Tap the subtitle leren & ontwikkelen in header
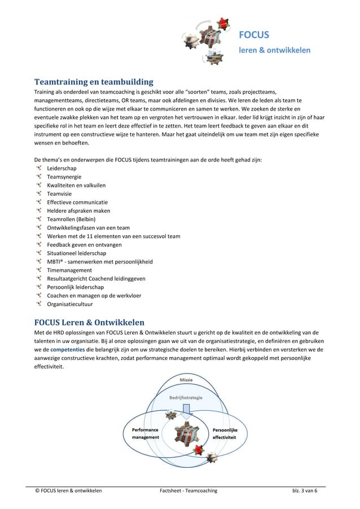tap(275, 50)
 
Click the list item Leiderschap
tap(62, 168)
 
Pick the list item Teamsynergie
tap(64, 177)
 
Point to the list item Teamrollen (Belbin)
tap(71, 219)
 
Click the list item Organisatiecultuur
tap(71, 304)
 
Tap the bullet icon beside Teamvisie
tap(38, 194)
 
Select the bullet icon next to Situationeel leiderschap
tap(38, 253)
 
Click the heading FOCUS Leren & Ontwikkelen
tap(90, 323)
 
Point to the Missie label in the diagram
tap(187, 380)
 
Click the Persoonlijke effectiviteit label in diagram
tap(225, 433)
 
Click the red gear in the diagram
tap(199, 449)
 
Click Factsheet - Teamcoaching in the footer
tap(188, 490)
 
